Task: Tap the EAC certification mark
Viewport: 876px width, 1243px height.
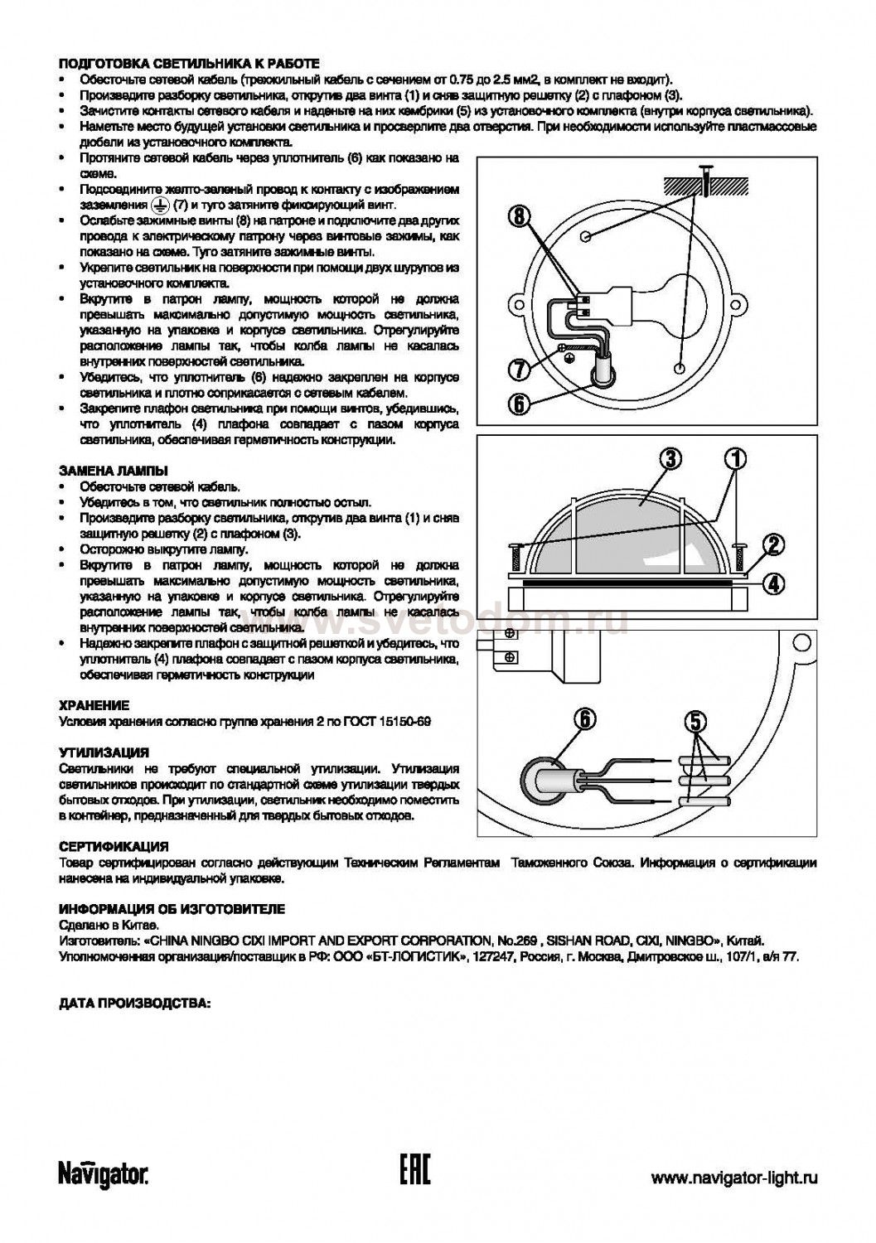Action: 414,1172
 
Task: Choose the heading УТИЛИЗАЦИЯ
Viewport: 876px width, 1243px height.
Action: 104,753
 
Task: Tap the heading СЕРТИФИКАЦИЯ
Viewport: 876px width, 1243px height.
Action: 114,847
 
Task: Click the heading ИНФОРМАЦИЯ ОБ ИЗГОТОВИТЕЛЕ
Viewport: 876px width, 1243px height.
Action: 172,909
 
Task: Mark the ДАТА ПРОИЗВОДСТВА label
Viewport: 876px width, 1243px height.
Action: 135,1004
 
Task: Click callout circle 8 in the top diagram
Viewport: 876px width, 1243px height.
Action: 518,218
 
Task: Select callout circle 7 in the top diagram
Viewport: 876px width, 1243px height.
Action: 518,366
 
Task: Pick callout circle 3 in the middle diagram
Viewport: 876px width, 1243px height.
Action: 671,458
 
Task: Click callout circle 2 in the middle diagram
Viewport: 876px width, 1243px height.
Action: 772,544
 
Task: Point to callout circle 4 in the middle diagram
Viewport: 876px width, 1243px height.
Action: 772,583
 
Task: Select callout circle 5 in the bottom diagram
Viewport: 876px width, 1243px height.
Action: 695,721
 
